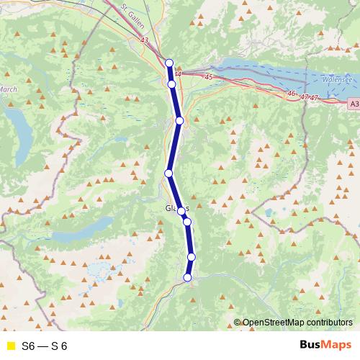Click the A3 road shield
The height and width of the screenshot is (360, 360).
[x=353, y=104]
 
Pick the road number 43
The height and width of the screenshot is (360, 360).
[x=146, y=41]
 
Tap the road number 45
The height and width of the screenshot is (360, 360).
[x=210, y=76]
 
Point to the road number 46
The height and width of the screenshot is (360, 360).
[x=291, y=94]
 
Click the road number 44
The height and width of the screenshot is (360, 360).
[x=177, y=73]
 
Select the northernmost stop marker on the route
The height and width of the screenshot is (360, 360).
[x=169, y=63]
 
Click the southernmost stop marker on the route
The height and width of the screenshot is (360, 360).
[x=188, y=277]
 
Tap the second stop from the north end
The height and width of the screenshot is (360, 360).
[x=171, y=84]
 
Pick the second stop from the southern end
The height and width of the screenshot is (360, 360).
[x=192, y=257]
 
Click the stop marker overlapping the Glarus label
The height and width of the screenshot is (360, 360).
[x=181, y=212]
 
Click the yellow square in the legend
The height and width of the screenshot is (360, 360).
[x=9, y=345]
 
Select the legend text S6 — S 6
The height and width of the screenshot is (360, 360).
[x=45, y=345]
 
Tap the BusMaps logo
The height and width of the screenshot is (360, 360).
[x=325, y=345]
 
